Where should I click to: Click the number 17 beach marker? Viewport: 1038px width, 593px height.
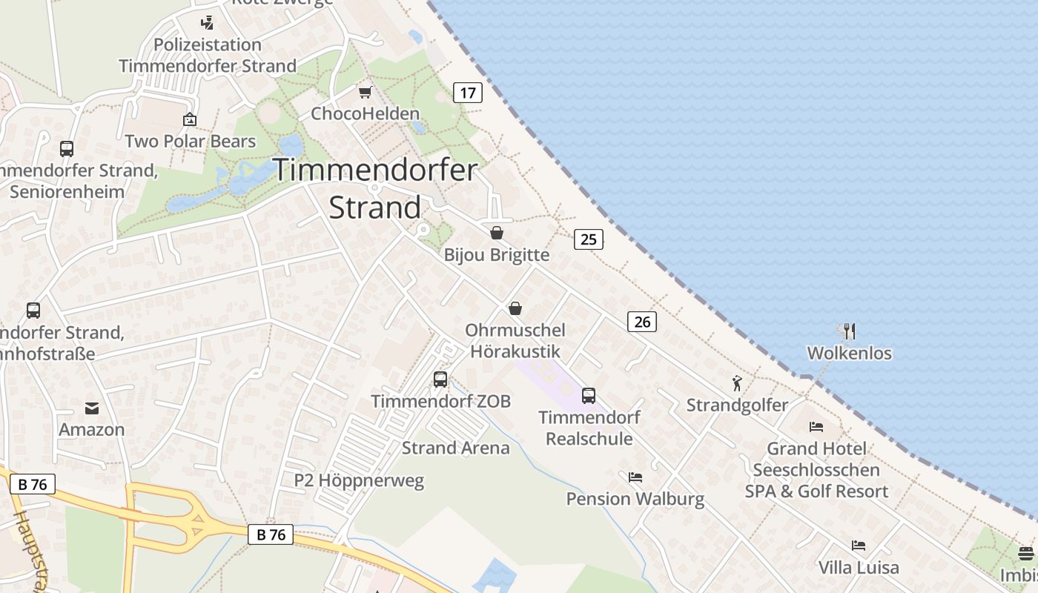pyautogui.click(x=467, y=93)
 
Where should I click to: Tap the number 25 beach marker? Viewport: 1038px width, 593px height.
pyautogui.click(x=588, y=239)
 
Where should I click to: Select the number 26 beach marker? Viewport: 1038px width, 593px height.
pyautogui.click(x=642, y=322)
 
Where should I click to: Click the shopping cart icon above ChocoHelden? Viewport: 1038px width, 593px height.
pyautogui.click(x=365, y=92)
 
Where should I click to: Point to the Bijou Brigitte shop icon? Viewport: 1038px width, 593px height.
pyautogui.click(x=497, y=233)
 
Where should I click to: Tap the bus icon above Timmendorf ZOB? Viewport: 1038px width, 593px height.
pyautogui.click(x=440, y=380)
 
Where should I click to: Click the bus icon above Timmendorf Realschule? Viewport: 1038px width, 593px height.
pyautogui.click(x=589, y=396)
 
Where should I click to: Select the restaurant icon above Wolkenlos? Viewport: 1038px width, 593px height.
pyautogui.click(x=850, y=331)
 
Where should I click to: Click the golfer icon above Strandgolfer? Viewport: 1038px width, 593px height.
pyautogui.click(x=737, y=383)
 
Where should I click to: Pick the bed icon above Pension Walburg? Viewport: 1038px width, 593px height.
pyautogui.click(x=635, y=477)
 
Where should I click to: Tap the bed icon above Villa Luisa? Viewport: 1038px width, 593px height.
pyautogui.click(x=859, y=546)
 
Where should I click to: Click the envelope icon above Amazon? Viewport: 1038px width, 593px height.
pyautogui.click(x=92, y=408)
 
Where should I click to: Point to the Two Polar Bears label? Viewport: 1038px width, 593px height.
pyautogui.click(x=190, y=141)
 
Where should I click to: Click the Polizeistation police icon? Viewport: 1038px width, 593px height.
pyautogui.click(x=208, y=23)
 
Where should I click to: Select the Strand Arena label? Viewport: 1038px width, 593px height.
pyautogui.click(x=455, y=448)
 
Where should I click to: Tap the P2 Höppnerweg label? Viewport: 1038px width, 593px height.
pyautogui.click(x=359, y=480)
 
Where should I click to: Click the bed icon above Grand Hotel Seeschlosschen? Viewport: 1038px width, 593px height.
pyautogui.click(x=816, y=426)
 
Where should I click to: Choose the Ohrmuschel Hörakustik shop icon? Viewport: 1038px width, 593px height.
pyautogui.click(x=515, y=308)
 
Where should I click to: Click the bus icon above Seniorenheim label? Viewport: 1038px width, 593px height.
pyautogui.click(x=67, y=148)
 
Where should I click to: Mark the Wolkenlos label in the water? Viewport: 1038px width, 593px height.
pyautogui.click(x=849, y=353)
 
